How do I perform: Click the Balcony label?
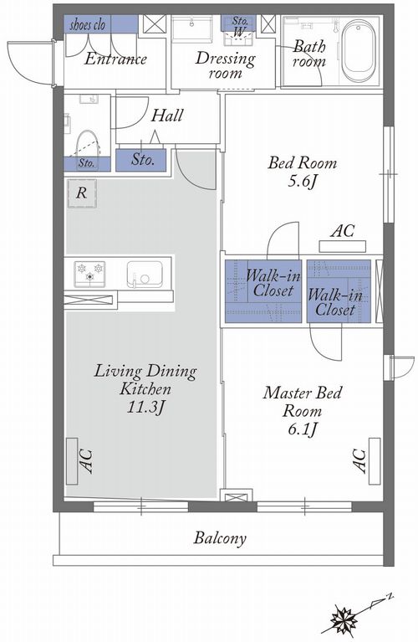click(x=220, y=537)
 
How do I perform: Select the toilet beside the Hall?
click(x=89, y=143)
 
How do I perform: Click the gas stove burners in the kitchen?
click(x=89, y=274)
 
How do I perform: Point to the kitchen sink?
click(x=145, y=275)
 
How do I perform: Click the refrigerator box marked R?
click(x=82, y=193)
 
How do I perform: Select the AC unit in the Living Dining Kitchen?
click(x=72, y=461)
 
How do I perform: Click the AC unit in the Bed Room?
click(x=342, y=246)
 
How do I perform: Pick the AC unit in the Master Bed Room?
click(x=375, y=461)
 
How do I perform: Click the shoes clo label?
click(x=88, y=25)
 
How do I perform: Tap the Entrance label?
click(x=115, y=59)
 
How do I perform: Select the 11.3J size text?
click(x=145, y=407)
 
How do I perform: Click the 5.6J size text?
click(x=303, y=181)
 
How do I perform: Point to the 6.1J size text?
click(x=303, y=429)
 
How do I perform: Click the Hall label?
click(x=167, y=116)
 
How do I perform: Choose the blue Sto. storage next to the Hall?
click(x=141, y=160)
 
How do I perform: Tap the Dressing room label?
click(x=225, y=65)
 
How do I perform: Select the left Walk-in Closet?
click(x=263, y=291)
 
